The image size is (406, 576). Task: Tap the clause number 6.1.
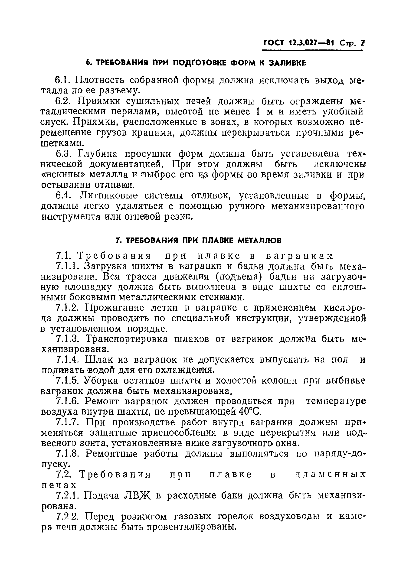point(62,80)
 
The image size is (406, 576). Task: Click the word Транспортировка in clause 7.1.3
point(127,339)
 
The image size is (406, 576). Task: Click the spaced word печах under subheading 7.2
point(59,485)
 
